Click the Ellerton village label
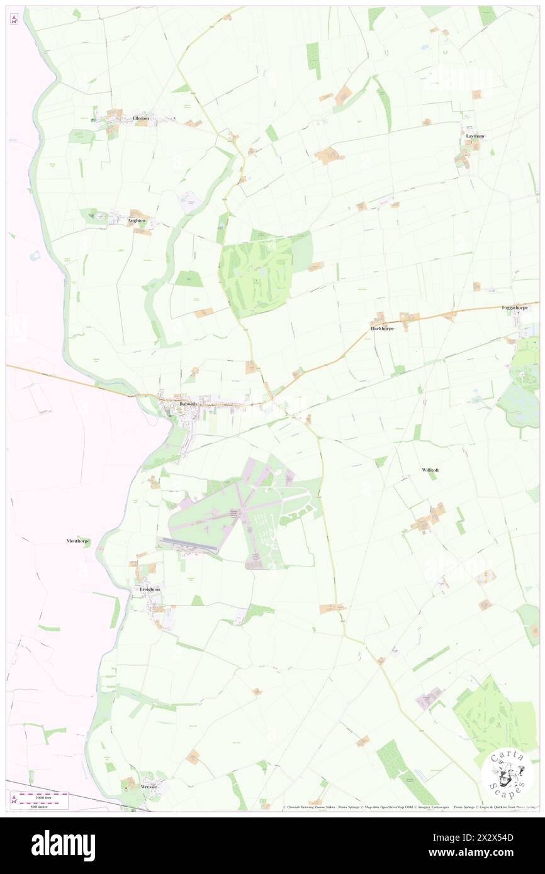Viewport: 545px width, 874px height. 140,118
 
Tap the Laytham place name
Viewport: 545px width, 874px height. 475,136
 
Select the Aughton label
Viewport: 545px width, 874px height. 137,221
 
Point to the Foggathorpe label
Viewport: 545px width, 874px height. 515,308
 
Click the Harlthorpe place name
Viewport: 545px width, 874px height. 382,328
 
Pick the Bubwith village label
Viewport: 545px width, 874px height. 188,404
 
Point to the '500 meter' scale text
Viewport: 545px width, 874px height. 42,805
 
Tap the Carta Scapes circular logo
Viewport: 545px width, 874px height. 507,775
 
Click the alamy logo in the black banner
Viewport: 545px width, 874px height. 63,846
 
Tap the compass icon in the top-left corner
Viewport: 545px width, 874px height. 14,19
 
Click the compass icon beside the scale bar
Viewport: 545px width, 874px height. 14,799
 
